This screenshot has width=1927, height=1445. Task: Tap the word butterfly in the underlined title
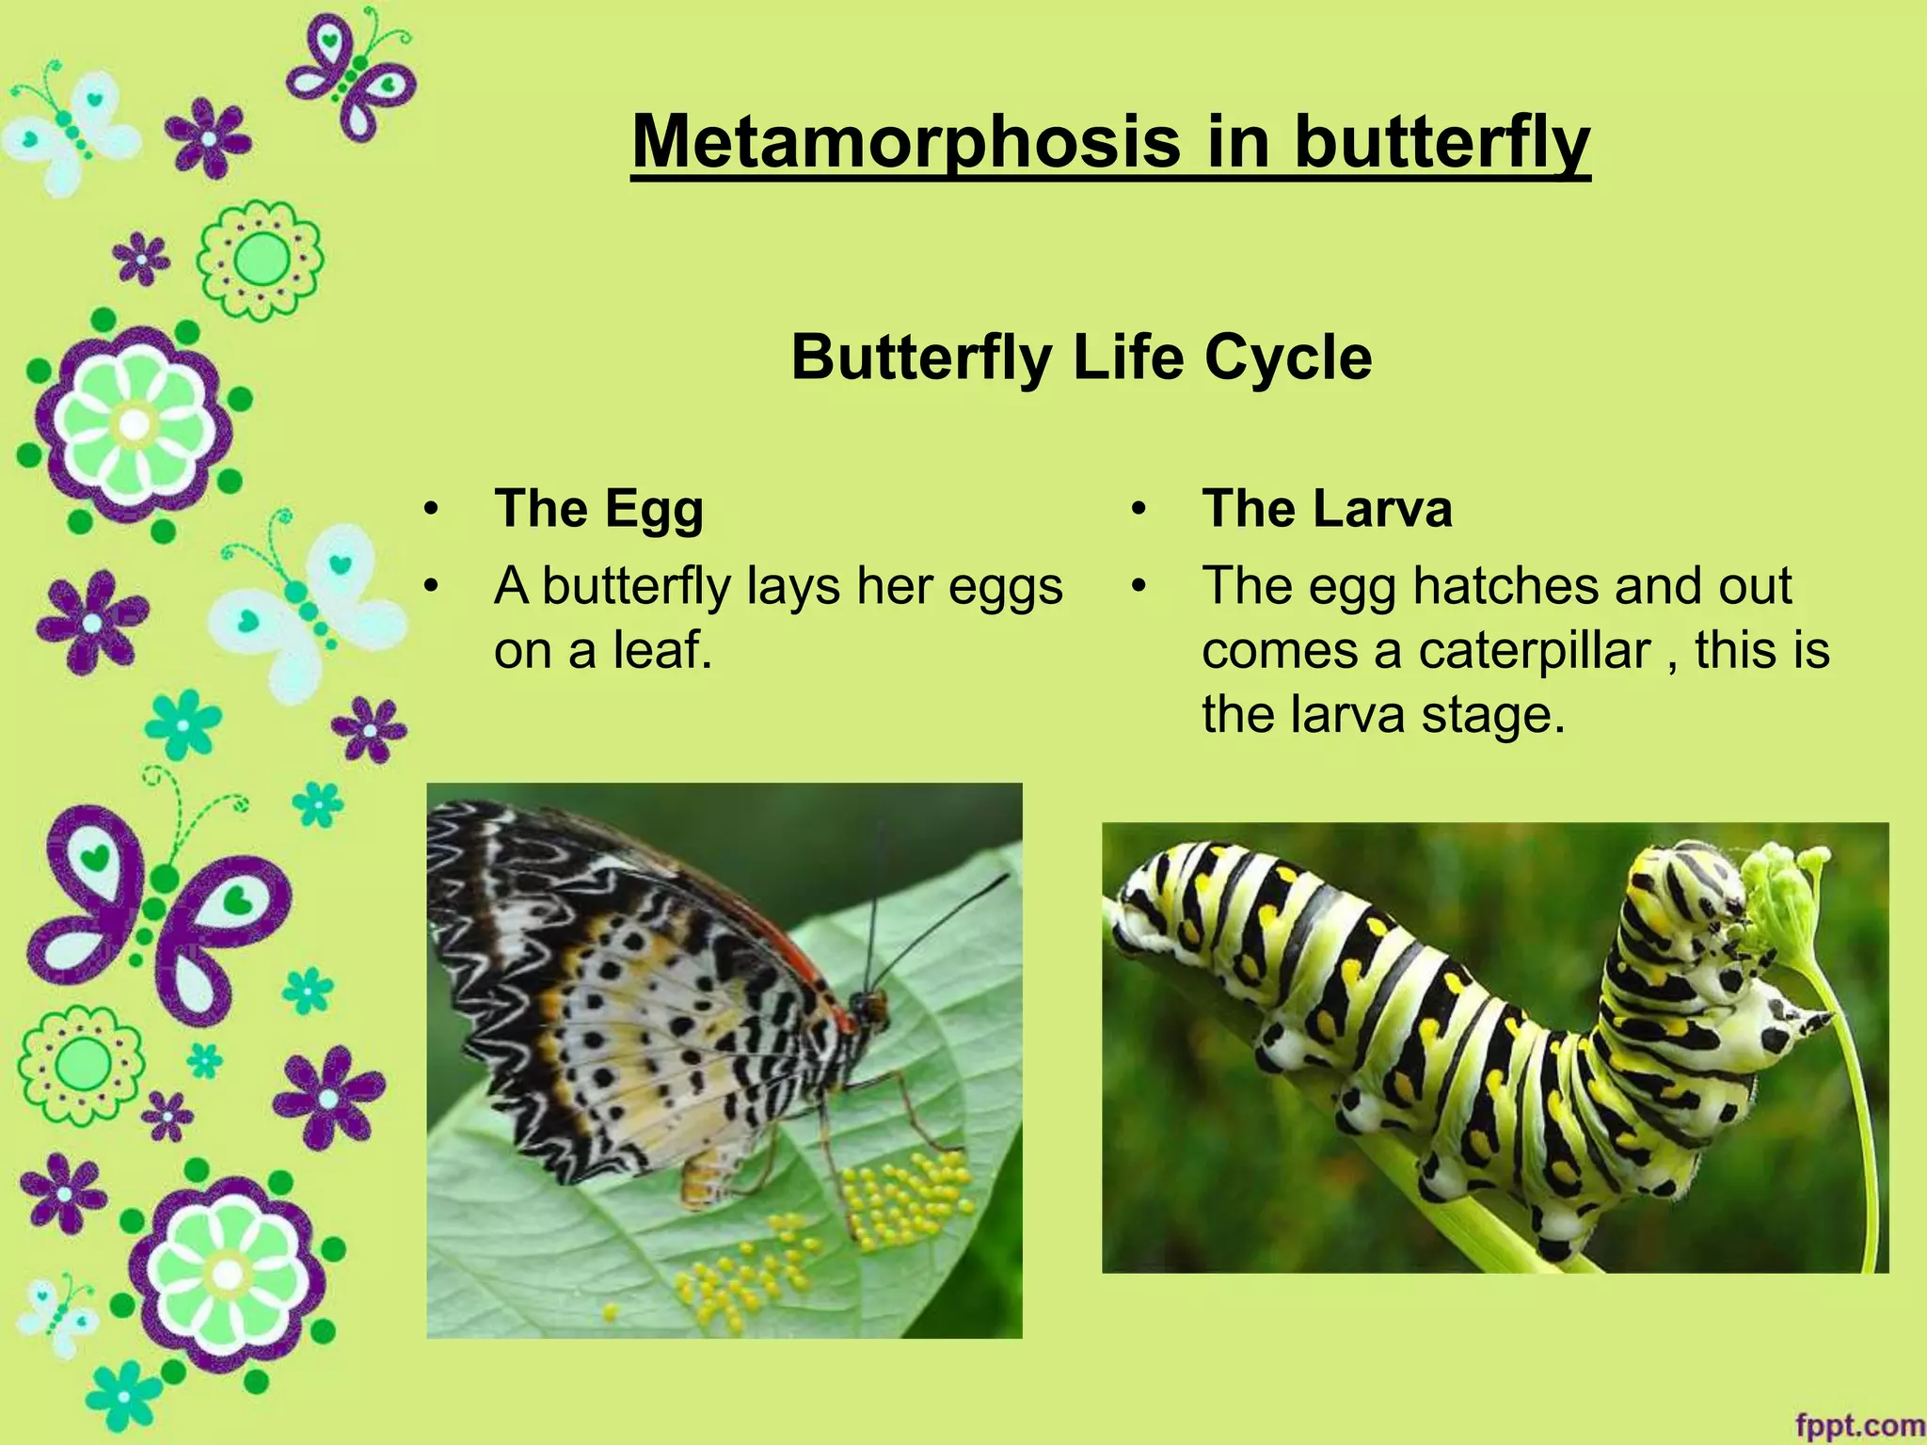point(1441,142)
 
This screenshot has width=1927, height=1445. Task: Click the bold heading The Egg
point(598,509)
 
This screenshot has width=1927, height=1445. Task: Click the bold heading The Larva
point(1327,509)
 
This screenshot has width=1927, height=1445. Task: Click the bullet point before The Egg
point(431,510)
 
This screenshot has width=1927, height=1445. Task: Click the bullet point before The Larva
point(1139,510)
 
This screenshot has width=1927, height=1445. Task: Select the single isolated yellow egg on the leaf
point(611,1310)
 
